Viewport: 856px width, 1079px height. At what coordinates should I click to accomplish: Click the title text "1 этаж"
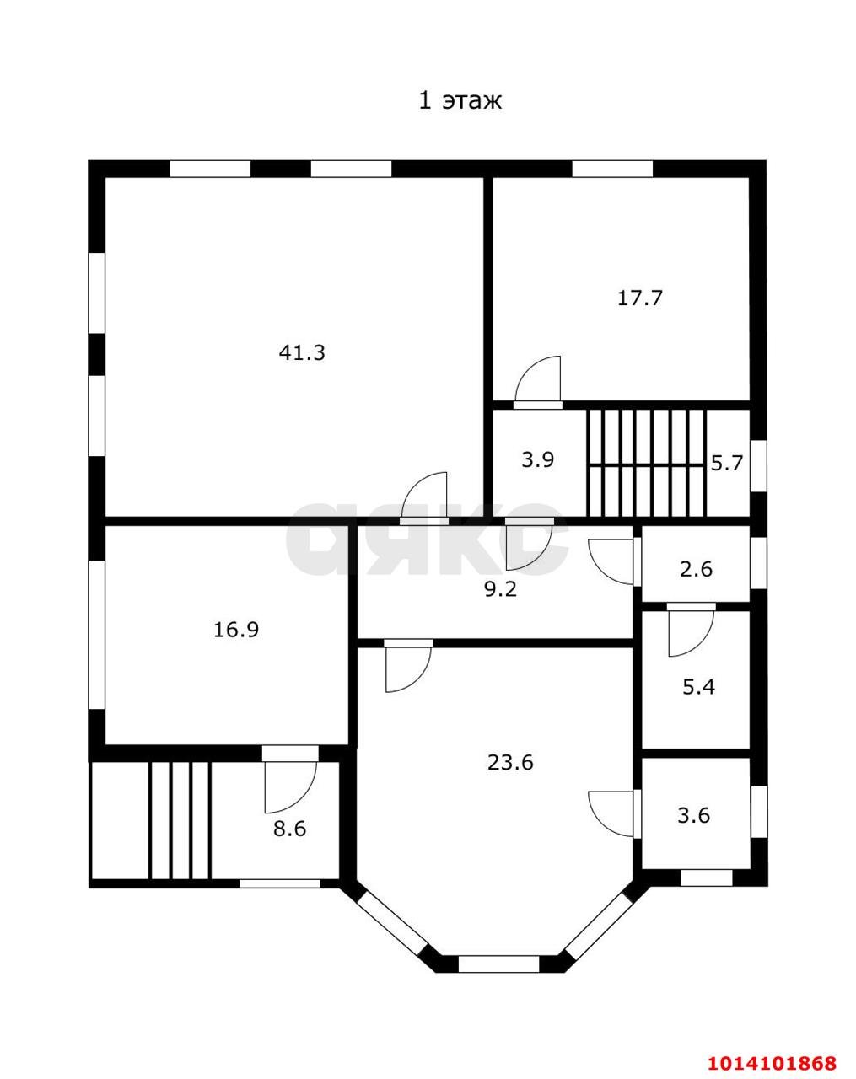[x=460, y=101]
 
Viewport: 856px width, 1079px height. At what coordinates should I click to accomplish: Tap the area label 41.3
[x=302, y=352]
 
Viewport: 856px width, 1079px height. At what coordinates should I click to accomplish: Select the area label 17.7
[x=640, y=298]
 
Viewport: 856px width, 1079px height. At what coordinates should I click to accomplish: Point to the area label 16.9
[x=236, y=630]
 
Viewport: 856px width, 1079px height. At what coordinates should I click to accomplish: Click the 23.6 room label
[x=510, y=763]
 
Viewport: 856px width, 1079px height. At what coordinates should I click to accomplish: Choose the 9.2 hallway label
[x=500, y=589]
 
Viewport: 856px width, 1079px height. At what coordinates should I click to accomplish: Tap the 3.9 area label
[x=537, y=460]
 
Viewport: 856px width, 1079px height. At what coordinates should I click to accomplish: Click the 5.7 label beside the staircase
[x=726, y=463]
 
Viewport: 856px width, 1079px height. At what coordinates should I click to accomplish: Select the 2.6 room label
[x=696, y=569]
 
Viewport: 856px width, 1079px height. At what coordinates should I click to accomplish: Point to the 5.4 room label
[x=698, y=687]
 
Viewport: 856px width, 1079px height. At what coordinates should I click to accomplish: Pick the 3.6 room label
[x=694, y=816]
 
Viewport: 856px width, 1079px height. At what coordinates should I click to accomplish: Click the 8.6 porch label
[x=289, y=829]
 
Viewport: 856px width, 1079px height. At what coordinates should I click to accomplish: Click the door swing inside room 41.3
[x=425, y=497]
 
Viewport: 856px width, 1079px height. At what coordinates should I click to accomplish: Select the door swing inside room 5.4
[x=690, y=632]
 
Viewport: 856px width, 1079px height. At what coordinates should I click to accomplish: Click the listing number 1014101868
[x=773, y=1062]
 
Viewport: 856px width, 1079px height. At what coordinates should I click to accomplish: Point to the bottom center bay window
[x=498, y=964]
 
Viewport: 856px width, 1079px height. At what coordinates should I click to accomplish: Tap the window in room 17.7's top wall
[x=612, y=169]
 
